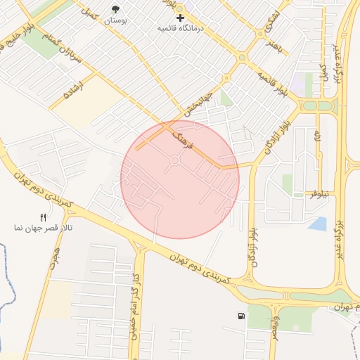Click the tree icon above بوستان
[116, 8]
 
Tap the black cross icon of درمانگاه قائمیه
[181, 18]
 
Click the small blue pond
[318, 224]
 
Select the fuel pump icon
[242, 316]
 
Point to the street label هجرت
[55, 260]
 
